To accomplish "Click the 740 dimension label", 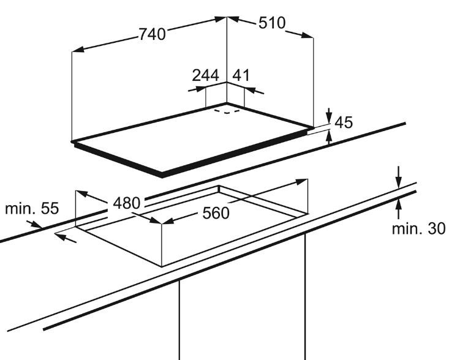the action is click(x=153, y=34).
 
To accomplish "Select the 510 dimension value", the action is click(x=272, y=23).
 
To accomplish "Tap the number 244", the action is click(x=205, y=75).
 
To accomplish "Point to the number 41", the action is click(x=241, y=75).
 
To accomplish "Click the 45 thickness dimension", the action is click(x=344, y=122).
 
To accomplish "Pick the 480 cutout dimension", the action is click(x=127, y=203).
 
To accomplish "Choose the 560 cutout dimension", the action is click(x=216, y=213).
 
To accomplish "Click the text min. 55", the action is click(x=32, y=208).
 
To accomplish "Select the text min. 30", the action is click(x=418, y=228).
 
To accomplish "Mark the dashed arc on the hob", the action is click(x=227, y=112).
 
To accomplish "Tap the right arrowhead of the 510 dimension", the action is click(x=308, y=35).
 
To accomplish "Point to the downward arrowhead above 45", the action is click(x=329, y=118).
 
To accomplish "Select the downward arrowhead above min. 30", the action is click(x=398, y=182).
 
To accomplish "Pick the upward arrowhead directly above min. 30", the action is click(x=398, y=204).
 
